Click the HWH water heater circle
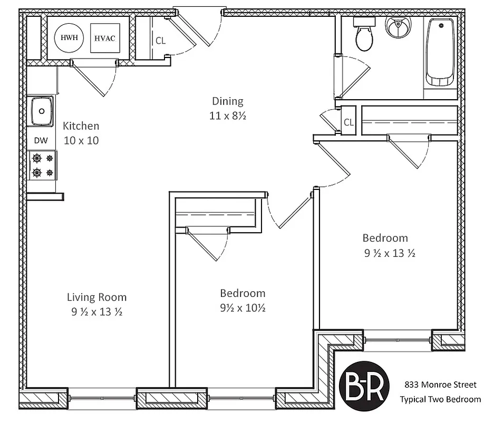[67, 37]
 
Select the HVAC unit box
[104, 38]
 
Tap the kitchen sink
[42, 111]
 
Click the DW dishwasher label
[41, 140]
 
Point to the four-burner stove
[43, 165]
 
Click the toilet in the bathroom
[364, 35]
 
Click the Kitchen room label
[81, 126]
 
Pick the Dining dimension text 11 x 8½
[228, 116]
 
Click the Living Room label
[96, 297]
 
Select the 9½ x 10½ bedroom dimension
[243, 308]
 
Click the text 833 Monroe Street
[440, 385]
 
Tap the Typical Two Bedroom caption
[440, 399]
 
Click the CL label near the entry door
[161, 41]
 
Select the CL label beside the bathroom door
[349, 122]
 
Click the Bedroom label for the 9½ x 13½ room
[385, 238]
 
